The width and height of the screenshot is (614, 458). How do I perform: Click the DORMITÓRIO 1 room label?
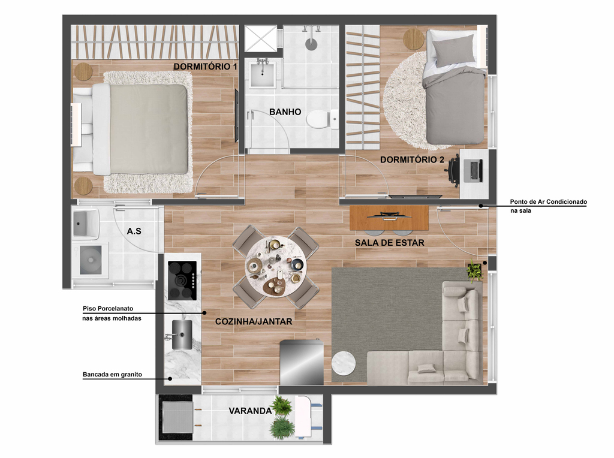[x=205, y=67]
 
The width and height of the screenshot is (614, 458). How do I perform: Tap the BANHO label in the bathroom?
[x=285, y=112]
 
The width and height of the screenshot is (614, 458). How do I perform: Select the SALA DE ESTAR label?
[x=390, y=243]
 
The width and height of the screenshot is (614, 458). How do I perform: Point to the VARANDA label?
[x=250, y=411]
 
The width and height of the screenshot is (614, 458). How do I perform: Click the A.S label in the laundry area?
[x=134, y=231]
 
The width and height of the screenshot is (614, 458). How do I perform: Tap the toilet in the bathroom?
[x=321, y=119]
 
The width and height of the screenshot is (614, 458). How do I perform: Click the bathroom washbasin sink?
[x=262, y=74]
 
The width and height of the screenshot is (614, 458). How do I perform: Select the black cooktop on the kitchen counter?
[x=182, y=281]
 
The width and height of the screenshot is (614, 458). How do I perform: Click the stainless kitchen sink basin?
[x=182, y=335]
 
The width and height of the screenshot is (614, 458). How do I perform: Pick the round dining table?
[x=276, y=267]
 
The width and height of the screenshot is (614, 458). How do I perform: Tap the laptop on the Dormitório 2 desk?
[x=474, y=171]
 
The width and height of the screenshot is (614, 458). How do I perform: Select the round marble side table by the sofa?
[x=344, y=364]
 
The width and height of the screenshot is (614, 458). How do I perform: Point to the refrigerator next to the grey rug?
[x=302, y=361]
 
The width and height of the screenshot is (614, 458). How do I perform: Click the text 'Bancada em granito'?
[x=112, y=375]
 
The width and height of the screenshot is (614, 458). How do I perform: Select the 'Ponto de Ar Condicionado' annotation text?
[x=548, y=202]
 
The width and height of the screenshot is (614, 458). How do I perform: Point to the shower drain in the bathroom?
[x=311, y=44]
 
